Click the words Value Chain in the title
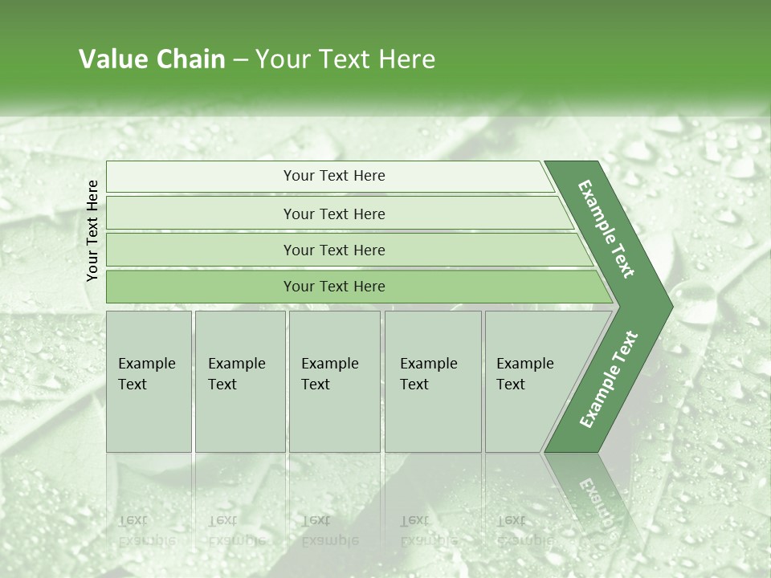152,59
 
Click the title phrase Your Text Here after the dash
345,59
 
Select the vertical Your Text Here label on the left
92,230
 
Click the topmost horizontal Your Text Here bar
334,176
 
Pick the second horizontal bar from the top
334,214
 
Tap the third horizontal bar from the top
334,250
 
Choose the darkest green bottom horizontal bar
334,287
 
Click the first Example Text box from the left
149,381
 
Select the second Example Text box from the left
239,381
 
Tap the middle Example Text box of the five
333,381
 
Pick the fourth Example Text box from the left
432,381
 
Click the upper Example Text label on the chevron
606,229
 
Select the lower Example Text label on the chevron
609,380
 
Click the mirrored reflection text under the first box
146,531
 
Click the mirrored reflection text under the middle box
329,531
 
